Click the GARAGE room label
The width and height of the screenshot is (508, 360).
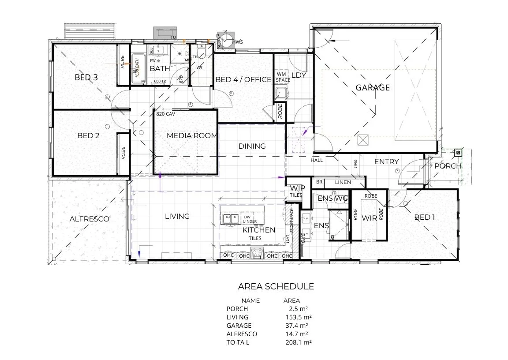[x=373, y=87]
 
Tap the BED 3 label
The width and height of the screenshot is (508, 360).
[x=86, y=78]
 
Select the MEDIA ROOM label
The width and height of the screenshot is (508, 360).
[x=192, y=135]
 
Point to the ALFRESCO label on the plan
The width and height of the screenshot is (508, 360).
[x=89, y=219]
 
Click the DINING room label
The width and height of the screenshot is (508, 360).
[x=252, y=146]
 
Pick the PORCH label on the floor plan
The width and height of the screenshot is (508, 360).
[x=448, y=166]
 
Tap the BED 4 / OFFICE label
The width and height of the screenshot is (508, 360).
[x=243, y=79]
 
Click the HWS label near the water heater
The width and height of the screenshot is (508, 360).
[x=238, y=42]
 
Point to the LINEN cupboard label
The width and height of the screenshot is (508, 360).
[x=343, y=182]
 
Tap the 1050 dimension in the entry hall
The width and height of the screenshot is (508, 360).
[x=355, y=164]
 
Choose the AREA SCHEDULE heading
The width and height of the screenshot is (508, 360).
[x=276, y=286]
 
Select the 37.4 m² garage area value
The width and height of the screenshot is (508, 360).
[x=297, y=326]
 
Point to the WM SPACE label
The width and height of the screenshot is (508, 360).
[x=283, y=77]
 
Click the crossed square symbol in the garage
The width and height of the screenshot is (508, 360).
[x=363, y=140]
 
